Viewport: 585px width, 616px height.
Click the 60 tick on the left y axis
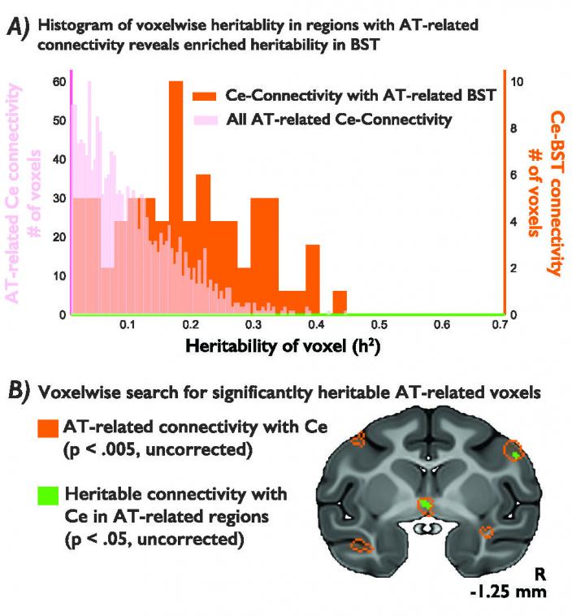pos(58,81)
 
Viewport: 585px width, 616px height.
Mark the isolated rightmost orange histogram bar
pos(340,301)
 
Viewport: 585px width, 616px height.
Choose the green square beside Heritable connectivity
pos(47,493)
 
